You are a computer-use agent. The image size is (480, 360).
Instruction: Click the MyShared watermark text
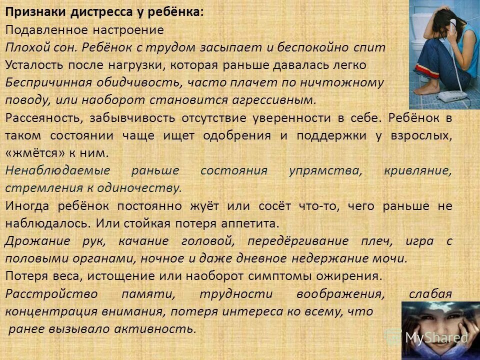point(436,338)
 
